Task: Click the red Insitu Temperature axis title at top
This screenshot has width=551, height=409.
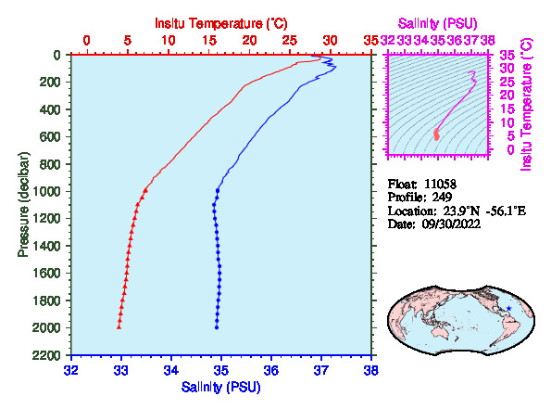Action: (221, 23)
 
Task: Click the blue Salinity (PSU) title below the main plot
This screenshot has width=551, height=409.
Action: (221, 387)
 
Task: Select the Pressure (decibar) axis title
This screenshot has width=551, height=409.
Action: (23, 204)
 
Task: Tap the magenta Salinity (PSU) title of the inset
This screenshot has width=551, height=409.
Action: (437, 23)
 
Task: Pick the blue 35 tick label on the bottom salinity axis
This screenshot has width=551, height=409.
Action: (221, 370)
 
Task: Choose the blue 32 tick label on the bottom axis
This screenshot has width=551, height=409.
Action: (71, 370)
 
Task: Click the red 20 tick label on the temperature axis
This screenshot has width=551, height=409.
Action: (249, 41)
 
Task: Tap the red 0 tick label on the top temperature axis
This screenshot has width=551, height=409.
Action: (86, 41)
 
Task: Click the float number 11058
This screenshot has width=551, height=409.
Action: (440, 184)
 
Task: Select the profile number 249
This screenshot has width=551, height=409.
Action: (442, 198)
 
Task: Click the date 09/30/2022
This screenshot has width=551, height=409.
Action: (451, 224)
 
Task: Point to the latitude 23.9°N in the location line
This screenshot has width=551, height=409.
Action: (461, 211)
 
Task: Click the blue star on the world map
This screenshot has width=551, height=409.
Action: (508, 309)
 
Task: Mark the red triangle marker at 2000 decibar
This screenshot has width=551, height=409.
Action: (119, 327)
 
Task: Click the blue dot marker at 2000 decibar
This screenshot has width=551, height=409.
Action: (217, 327)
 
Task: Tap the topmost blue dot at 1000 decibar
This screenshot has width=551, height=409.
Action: (218, 191)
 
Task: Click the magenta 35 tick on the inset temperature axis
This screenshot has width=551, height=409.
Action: (507, 56)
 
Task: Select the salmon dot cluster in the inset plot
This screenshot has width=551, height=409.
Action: (436, 134)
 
